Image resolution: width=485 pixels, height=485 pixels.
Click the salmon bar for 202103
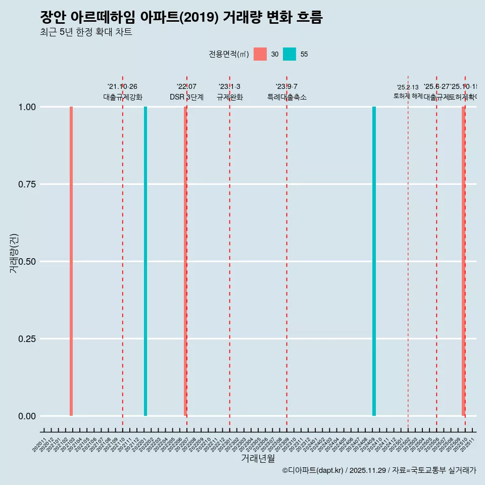point(71,261)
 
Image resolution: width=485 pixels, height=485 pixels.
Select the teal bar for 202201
point(145,261)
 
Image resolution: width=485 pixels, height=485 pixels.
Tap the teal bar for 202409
point(374,261)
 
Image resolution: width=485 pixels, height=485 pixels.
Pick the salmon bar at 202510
point(463,261)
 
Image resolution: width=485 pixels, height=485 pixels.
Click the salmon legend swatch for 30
point(260,54)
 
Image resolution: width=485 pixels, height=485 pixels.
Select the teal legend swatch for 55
point(289,54)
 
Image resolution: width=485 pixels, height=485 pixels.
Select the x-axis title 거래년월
point(258,458)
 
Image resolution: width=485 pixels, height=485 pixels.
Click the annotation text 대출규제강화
point(123,97)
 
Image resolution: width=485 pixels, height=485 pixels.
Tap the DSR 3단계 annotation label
point(186,97)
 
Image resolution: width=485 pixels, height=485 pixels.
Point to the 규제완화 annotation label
point(230,97)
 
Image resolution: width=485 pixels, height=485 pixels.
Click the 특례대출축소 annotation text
point(287,97)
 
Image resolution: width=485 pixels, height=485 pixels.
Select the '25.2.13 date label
point(408,87)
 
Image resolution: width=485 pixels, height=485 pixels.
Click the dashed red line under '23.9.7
point(287,253)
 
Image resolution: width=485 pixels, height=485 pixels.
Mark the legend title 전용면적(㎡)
point(229,54)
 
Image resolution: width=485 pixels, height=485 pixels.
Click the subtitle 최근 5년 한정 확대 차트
point(86,32)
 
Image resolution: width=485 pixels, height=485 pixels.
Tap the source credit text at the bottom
point(379,470)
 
